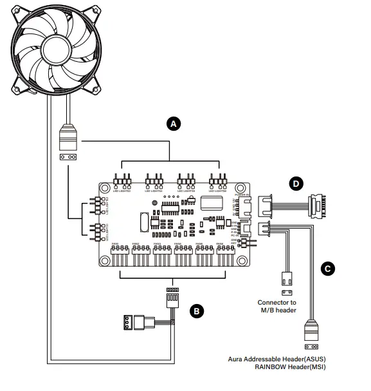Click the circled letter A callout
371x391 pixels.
click(x=171, y=124)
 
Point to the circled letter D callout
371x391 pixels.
click(x=296, y=184)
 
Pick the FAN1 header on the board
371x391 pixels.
click(x=120, y=253)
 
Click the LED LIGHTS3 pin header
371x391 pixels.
click(x=122, y=179)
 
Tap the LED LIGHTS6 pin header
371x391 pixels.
click(x=217, y=179)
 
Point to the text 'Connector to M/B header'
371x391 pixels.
click(x=277, y=306)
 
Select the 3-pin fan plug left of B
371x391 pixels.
click(x=135, y=321)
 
